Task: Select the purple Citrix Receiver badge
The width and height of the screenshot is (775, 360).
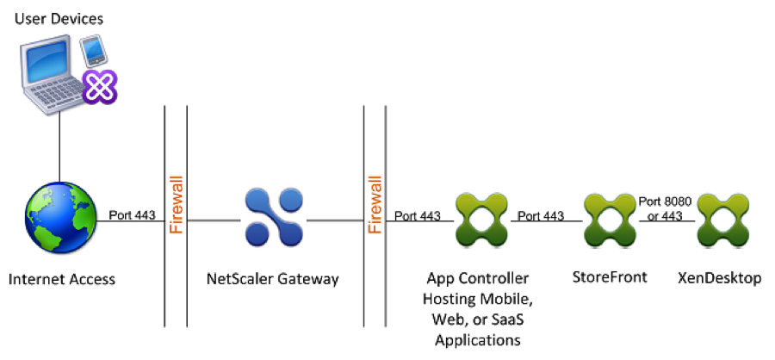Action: point(100,86)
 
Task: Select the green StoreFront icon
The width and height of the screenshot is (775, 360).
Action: point(608,218)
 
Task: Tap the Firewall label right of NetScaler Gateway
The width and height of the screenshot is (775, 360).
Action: point(375,206)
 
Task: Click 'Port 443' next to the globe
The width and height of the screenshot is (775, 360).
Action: point(131,214)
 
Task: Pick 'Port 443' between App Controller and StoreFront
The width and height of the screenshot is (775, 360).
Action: point(542,214)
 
